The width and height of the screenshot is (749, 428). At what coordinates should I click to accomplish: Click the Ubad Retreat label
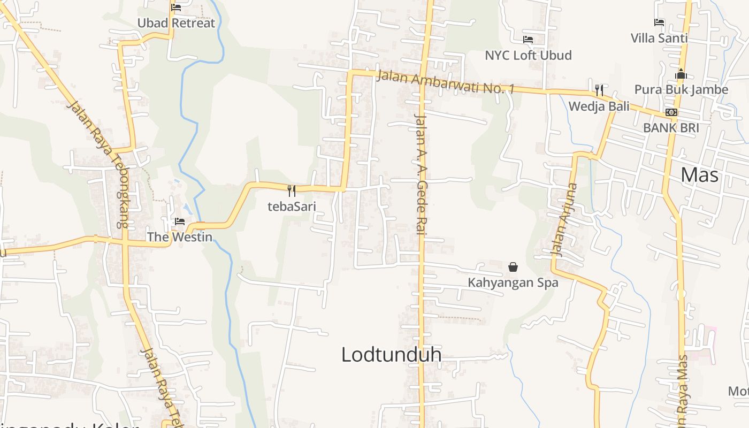[176, 23]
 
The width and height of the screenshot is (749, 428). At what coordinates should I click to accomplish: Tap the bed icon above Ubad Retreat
[176, 7]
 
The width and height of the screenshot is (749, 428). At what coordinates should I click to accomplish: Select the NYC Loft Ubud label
[528, 55]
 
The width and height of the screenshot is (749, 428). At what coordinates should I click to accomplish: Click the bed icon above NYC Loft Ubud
[528, 40]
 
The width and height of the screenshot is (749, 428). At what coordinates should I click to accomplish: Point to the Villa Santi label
[659, 38]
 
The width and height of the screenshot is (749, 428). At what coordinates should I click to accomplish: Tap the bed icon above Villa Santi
[659, 22]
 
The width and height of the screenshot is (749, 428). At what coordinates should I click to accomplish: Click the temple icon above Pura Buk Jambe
[681, 74]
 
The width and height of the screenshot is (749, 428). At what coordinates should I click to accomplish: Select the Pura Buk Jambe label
[681, 89]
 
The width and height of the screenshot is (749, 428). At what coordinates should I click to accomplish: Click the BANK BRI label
[671, 128]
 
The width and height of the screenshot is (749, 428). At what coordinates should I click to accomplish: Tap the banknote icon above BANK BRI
[671, 112]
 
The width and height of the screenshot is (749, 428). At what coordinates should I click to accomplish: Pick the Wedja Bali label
[599, 106]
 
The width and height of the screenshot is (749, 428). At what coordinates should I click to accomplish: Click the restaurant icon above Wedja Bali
[599, 90]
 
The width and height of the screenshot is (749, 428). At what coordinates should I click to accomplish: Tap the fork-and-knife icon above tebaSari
[292, 190]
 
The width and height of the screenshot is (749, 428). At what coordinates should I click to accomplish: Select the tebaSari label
[292, 207]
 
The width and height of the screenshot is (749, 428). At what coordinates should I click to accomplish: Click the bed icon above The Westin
[180, 221]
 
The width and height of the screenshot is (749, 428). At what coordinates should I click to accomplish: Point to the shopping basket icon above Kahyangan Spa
[513, 266]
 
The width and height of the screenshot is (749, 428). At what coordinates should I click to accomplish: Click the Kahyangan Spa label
[513, 282]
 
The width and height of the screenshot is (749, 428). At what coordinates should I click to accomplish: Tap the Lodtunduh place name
[391, 354]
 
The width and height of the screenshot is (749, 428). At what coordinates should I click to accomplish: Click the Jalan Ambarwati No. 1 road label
[445, 82]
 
